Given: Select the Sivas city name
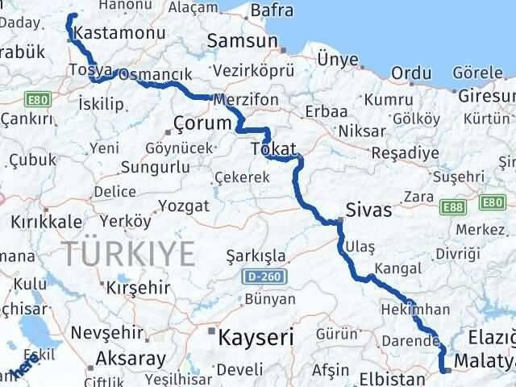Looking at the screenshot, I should pyautogui.click(x=368, y=210).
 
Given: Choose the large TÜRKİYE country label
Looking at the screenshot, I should pyautogui.click(x=131, y=254).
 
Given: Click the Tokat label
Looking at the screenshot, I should pyautogui.click(x=274, y=149).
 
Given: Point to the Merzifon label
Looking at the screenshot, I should pyautogui.click(x=246, y=99).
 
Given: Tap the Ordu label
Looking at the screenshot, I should pyautogui.click(x=410, y=73).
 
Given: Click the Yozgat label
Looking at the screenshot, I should pyautogui.click(x=185, y=206).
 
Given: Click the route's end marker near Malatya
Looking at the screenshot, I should pyautogui.click(x=443, y=370).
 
